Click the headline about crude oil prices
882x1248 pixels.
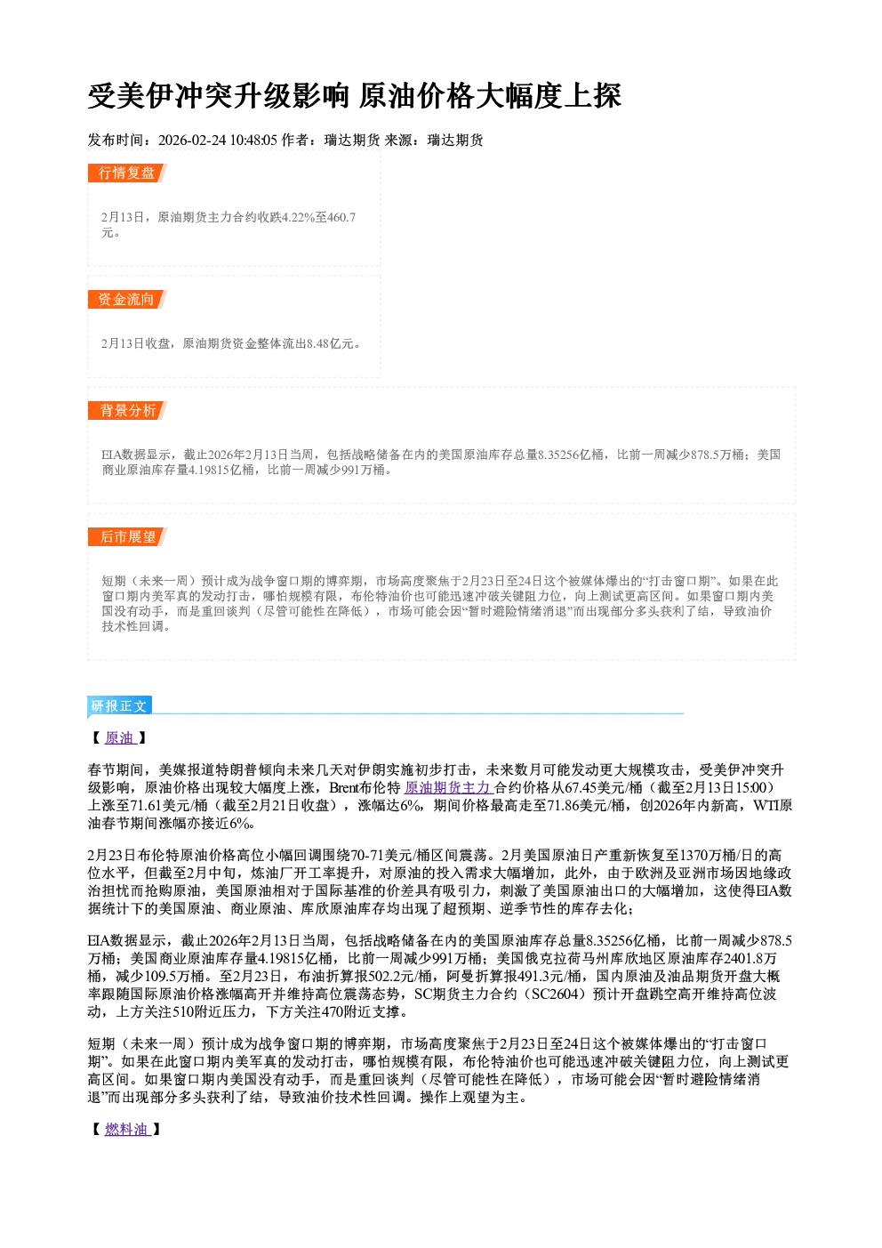coord(354,95)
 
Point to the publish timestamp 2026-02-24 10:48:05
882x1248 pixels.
coord(217,140)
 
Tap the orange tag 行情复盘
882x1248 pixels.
coord(127,173)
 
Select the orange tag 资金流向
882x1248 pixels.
coord(127,299)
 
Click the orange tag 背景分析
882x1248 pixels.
coord(127,411)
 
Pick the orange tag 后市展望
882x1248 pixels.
coord(127,537)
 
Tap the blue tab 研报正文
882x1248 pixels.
coord(119,705)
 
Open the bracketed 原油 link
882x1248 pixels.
coord(119,738)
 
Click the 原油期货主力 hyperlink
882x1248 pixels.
coord(448,787)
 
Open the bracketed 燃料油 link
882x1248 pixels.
coord(127,1130)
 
